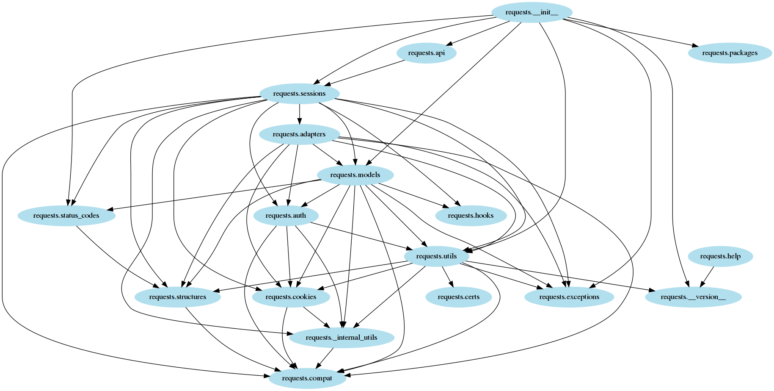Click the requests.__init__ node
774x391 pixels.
[532, 12]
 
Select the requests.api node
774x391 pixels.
[426, 53]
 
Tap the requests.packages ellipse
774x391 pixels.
[730, 53]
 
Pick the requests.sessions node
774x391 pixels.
[299, 94]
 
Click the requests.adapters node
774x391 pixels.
[299, 134]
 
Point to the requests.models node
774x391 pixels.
[355, 175]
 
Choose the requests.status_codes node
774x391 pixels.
[66, 216]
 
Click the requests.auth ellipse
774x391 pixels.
[286, 216]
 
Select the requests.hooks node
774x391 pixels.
[471, 216]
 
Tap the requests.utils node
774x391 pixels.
[436, 256]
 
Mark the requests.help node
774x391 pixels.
[720, 256]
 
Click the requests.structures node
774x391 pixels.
[178, 297]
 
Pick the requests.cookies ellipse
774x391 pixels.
[291, 297]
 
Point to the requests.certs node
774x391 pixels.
[459, 297]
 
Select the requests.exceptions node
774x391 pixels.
[569, 297]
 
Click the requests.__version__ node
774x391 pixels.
[693, 297]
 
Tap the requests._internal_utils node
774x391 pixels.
[342, 338]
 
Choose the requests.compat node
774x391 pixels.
[307, 378]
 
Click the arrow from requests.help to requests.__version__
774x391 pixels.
[708, 276]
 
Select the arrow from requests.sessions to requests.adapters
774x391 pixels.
[300, 114]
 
